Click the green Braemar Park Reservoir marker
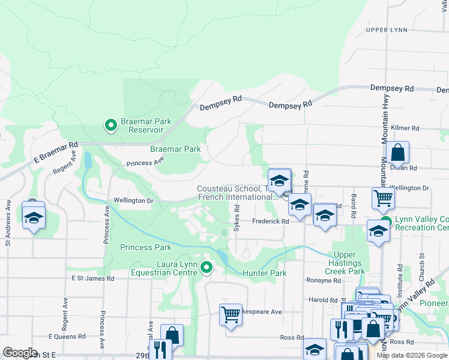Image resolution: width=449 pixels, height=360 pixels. [x=110, y=125]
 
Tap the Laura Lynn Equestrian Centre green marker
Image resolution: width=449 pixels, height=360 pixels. [x=206, y=267]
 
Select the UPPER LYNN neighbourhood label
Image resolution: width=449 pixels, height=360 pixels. [x=387, y=30]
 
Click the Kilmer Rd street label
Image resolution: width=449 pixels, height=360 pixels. [x=405, y=128]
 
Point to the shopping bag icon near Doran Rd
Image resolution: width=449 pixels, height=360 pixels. [x=397, y=154]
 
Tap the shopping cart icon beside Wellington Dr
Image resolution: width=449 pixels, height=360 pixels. [x=383, y=197]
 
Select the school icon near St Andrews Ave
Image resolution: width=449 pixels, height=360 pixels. [x=34, y=216]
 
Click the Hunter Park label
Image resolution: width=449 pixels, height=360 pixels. [x=265, y=274]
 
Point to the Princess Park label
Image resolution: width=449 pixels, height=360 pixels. [x=146, y=247]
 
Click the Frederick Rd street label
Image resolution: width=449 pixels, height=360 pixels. [x=270, y=221]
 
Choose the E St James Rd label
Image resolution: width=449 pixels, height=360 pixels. [x=93, y=278]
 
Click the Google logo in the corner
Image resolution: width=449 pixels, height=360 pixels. [x=20, y=353]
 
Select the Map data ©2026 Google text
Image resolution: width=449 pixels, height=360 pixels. [x=411, y=355]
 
